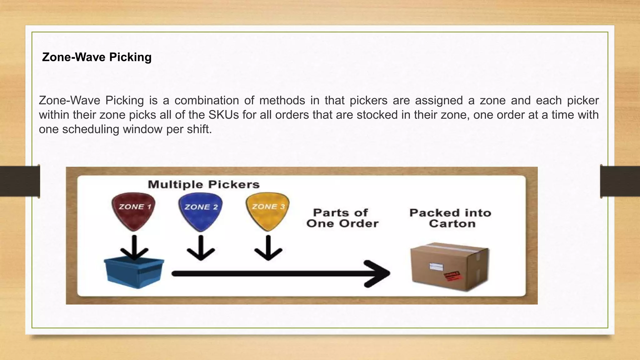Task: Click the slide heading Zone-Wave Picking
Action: pyautogui.click(x=97, y=57)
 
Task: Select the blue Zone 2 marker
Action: pyautogui.click(x=201, y=211)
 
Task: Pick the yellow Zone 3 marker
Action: pyautogui.click(x=268, y=210)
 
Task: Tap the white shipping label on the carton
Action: pyautogui.click(x=436, y=267)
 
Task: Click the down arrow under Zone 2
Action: pyautogui.click(x=201, y=248)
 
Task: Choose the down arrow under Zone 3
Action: pyautogui.click(x=268, y=248)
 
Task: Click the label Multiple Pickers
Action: pyautogui.click(x=204, y=184)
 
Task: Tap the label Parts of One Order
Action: pyautogui.click(x=342, y=218)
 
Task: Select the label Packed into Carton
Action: pyautogui.click(x=451, y=218)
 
